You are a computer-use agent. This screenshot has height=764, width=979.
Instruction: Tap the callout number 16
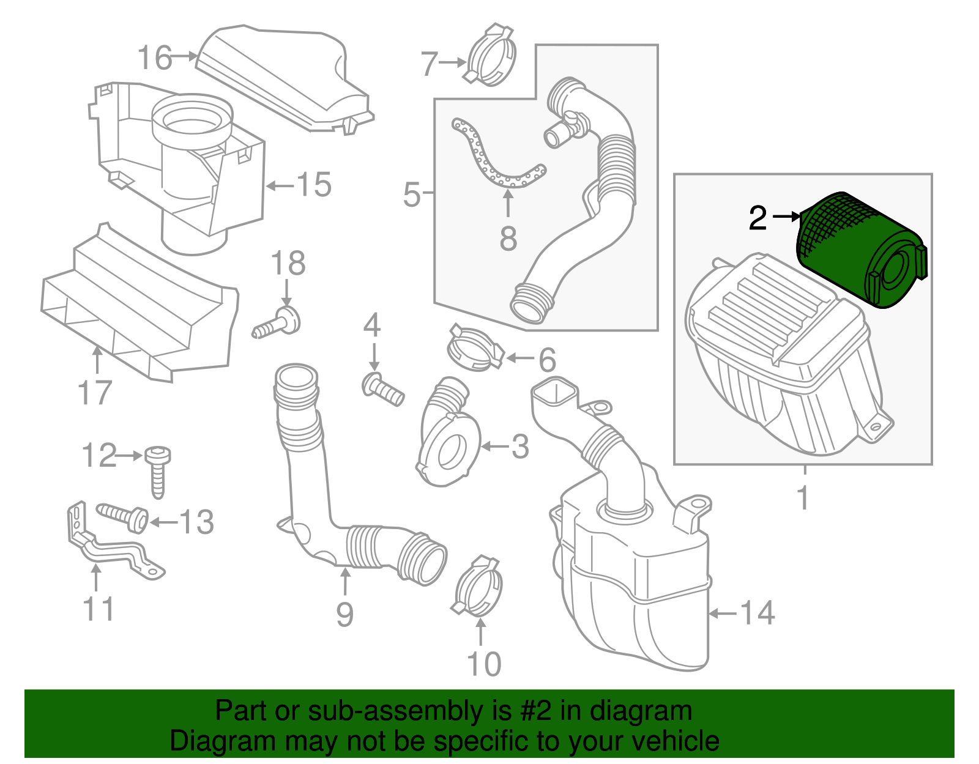click(155, 58)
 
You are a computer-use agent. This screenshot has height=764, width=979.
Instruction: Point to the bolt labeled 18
click(278, 323)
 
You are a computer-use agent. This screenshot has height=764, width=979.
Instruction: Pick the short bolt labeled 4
click(383, 389)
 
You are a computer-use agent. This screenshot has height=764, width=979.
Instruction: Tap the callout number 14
click(758, 613)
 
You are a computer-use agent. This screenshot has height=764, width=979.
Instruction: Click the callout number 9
click(345, 614)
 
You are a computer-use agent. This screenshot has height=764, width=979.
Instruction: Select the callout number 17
click(95, 393)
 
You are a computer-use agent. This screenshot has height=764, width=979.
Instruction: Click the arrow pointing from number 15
click(280, 185)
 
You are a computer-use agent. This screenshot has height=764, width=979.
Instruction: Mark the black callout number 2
click(758, 218)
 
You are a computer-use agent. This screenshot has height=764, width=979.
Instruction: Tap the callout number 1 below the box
click(804, 497)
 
